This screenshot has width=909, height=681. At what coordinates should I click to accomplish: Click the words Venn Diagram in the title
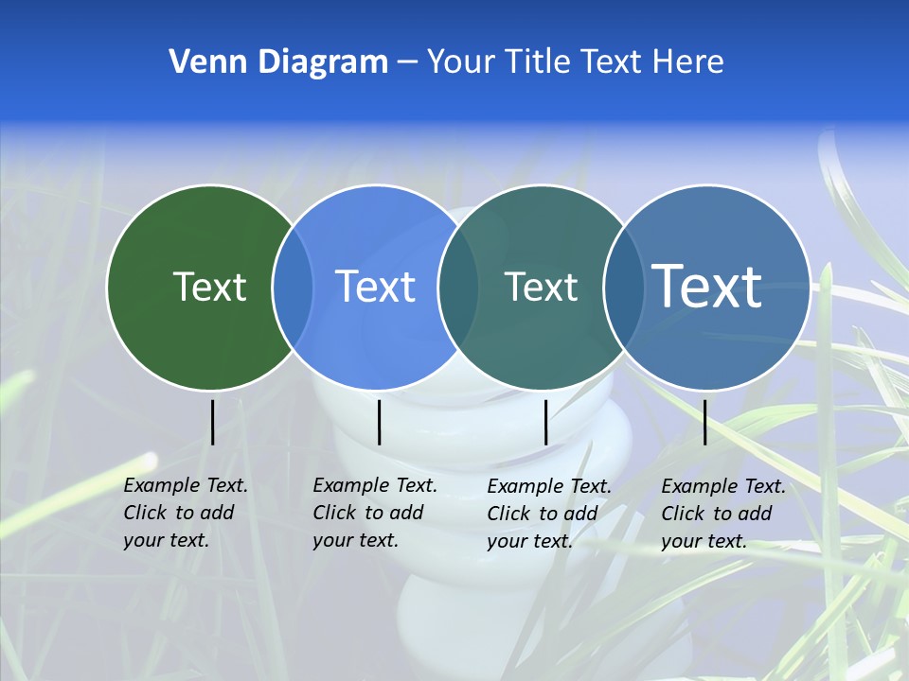pyautogui.click(x=278, y=62)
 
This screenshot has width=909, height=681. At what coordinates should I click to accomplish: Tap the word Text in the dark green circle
pyautogui.click(x=209, y=287)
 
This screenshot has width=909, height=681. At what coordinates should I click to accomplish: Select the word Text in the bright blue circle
pyautogui.click(x=375, y=287)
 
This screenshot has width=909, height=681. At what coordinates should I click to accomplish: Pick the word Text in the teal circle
pyautogui.click(x=541, y=287)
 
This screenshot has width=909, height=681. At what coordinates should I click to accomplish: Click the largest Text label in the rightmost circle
pyautogui.click(x=707, y=286)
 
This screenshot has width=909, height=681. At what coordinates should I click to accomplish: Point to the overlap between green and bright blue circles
pyautogui.click(x=293, y=288)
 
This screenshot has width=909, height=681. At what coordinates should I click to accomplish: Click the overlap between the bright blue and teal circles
pyautogui.click(x=457, y=288)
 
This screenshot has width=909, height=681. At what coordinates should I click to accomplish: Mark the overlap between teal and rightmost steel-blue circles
pyautogui.click(x=623, y=288)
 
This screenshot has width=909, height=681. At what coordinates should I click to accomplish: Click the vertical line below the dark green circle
pyautogui.click(x=212, y=422)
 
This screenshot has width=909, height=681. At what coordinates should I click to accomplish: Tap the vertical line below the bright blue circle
pyautogui.click(x=379, y=422)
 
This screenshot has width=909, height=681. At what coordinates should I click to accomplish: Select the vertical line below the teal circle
pyautogui.click(x=546, y=422)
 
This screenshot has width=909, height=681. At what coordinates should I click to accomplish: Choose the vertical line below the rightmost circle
pyautogui.click(x=704, y=422)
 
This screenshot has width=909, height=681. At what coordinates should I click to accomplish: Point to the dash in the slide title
pyautogui.click(x=407, y=63)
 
